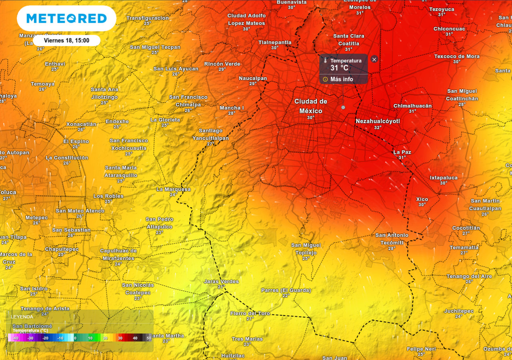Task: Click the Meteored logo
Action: (66, 18)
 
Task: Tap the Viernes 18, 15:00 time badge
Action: (66, 40)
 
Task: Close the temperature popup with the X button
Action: (374, 59)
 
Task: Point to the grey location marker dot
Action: (343, 108)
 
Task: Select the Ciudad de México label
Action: (311, 106)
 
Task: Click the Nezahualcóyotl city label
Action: (378, 121)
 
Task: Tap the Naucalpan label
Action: (253, 78)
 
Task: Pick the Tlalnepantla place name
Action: (275, 42)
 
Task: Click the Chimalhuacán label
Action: (412, 106)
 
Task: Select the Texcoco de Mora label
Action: (457, 56)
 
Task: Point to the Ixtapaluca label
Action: (444, 177)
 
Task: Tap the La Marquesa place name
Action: (173, 189)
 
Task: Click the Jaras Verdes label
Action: (221, 281)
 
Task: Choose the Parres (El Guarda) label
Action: (286, 290)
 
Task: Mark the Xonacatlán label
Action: (81, 124)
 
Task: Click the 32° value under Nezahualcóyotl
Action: (378, 128)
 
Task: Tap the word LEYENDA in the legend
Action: (22, 316)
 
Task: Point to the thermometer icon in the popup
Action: (326, 61)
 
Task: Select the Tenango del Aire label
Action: (469, 276)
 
